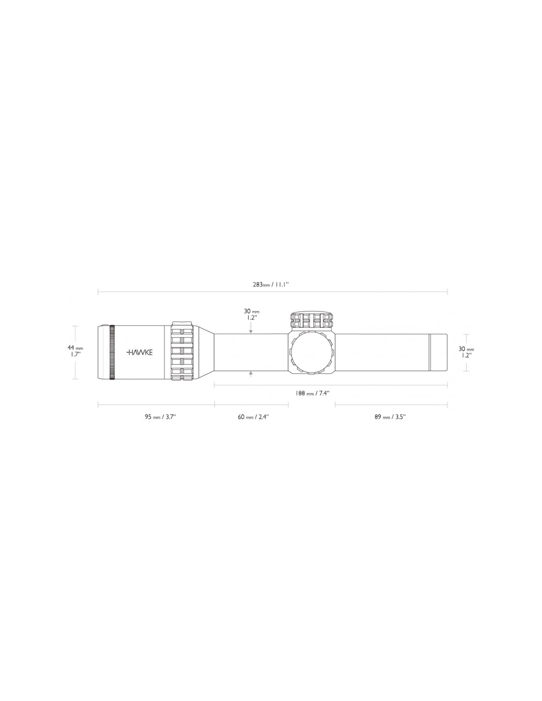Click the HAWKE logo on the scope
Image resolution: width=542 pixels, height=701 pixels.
[139, 352]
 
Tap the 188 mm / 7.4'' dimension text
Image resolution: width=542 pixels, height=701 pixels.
[312, 393]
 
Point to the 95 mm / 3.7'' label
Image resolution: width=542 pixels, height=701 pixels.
[160, 417]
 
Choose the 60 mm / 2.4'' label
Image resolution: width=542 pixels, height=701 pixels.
[253, 417]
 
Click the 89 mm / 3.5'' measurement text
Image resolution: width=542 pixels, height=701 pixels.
[390, 417]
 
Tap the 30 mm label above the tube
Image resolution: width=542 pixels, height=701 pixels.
[251, 315]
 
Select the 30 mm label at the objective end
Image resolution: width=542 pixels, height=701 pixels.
[466, 352]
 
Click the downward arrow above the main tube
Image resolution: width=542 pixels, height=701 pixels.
[251, 330]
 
